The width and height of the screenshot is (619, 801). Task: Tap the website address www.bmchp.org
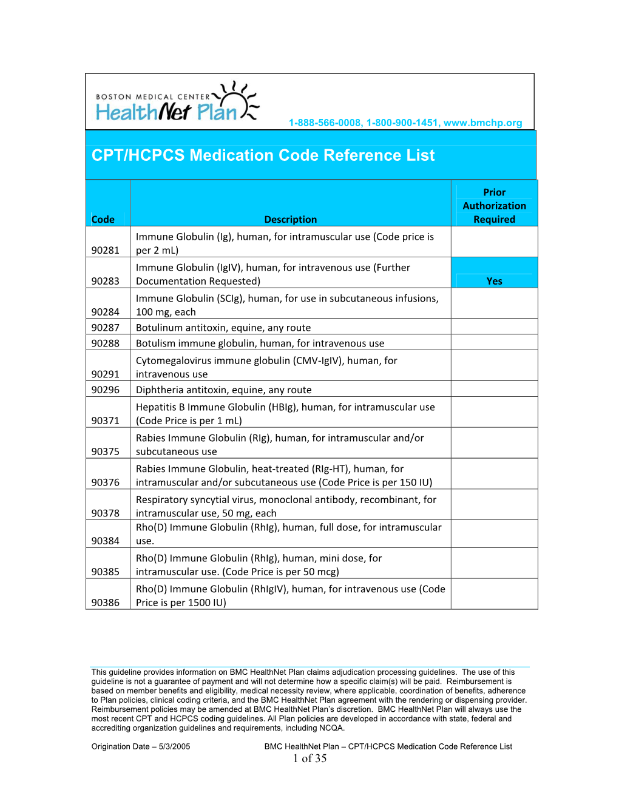coord(482,123)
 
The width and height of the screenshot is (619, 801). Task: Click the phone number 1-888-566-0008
coord(325,123)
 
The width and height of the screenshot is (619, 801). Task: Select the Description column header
coord(290,220)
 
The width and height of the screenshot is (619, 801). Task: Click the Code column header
coord(103,220)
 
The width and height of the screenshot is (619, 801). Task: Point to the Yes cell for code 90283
coord(494,281)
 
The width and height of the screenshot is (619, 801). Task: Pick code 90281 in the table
coord(106,250)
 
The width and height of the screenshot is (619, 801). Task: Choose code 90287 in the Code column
coord(106,328)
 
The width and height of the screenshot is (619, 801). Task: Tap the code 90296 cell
coord(106,390)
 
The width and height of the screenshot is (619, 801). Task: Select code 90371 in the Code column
coord(106,421)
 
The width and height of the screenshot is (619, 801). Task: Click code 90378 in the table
coord(106,513)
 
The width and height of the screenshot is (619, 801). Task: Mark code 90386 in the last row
coord(106,603)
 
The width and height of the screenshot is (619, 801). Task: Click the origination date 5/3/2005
coord(174,746)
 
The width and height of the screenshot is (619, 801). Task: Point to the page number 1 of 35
coord(309,759)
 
